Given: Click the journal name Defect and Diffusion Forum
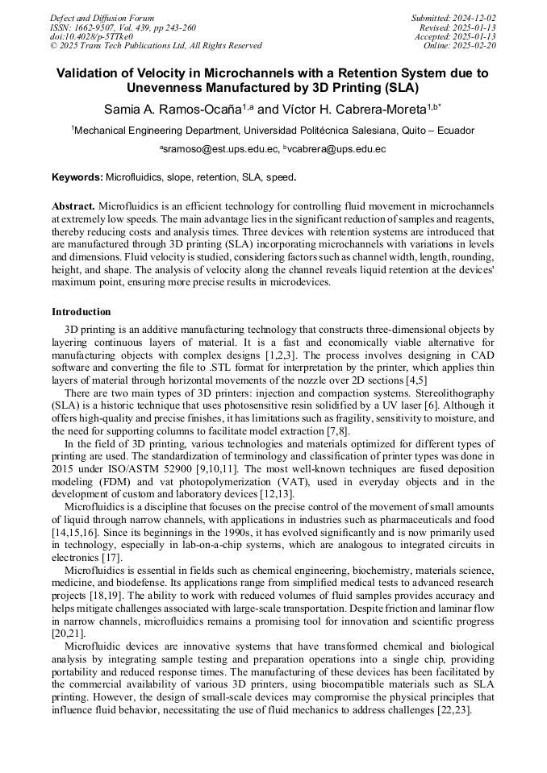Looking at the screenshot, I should (102, 18).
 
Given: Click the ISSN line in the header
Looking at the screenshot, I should (123, 27).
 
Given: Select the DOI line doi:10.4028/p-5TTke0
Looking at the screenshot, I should (91, 36).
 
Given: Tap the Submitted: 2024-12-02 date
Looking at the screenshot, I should (454, 18).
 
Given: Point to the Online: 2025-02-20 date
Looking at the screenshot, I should (460, 46).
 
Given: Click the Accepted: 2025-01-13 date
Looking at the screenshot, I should (456, 37).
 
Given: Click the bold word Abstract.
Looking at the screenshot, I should (73, 206).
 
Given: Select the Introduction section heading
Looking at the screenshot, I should (81, 312).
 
